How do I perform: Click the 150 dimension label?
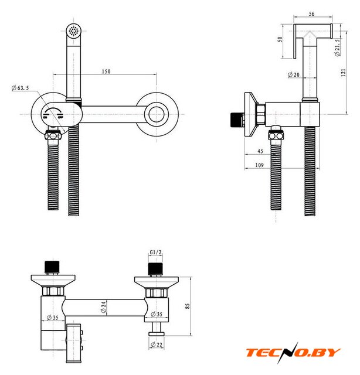tap(106, 71)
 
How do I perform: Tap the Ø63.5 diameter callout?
tap(21, 88)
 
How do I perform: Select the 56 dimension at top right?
tap(312, 14)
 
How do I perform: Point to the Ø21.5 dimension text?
tap(338, 47)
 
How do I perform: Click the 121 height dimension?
tap(344, 73)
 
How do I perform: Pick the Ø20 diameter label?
tap(294, 75)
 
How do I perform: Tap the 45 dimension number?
tap(260, 151)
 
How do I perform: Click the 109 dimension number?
tap(260, 165)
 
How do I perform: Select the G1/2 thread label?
tap(155, 253)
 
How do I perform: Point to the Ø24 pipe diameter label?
tap(103, 307)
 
